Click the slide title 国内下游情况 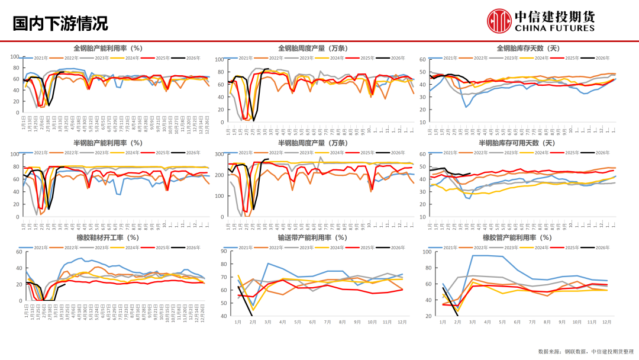(60, 23)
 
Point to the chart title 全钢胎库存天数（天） (528, 48)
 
